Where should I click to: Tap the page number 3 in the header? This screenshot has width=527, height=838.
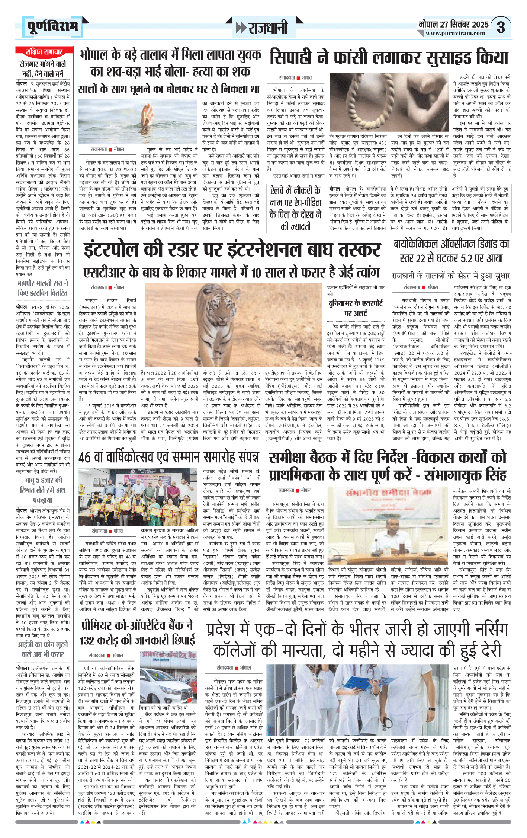[x=501, y=27]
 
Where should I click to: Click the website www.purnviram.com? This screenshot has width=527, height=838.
[x=455, y=33]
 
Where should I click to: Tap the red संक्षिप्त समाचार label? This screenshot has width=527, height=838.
[x=44, y=51]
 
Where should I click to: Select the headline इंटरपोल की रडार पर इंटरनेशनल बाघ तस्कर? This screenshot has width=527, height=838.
[x=232, y=249]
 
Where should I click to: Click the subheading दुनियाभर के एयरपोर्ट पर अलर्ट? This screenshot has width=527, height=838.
[x=356, y=308]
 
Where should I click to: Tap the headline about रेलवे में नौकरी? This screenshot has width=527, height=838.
[x=295, y=208]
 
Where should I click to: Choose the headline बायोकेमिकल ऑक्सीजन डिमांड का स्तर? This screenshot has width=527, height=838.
[x=451, y=251]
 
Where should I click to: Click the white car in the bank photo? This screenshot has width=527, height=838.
[x=169, y=688]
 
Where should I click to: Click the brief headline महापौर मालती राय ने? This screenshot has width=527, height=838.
[x=43, y=288]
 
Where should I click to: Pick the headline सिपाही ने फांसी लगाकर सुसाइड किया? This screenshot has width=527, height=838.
[x=389, y=57]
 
